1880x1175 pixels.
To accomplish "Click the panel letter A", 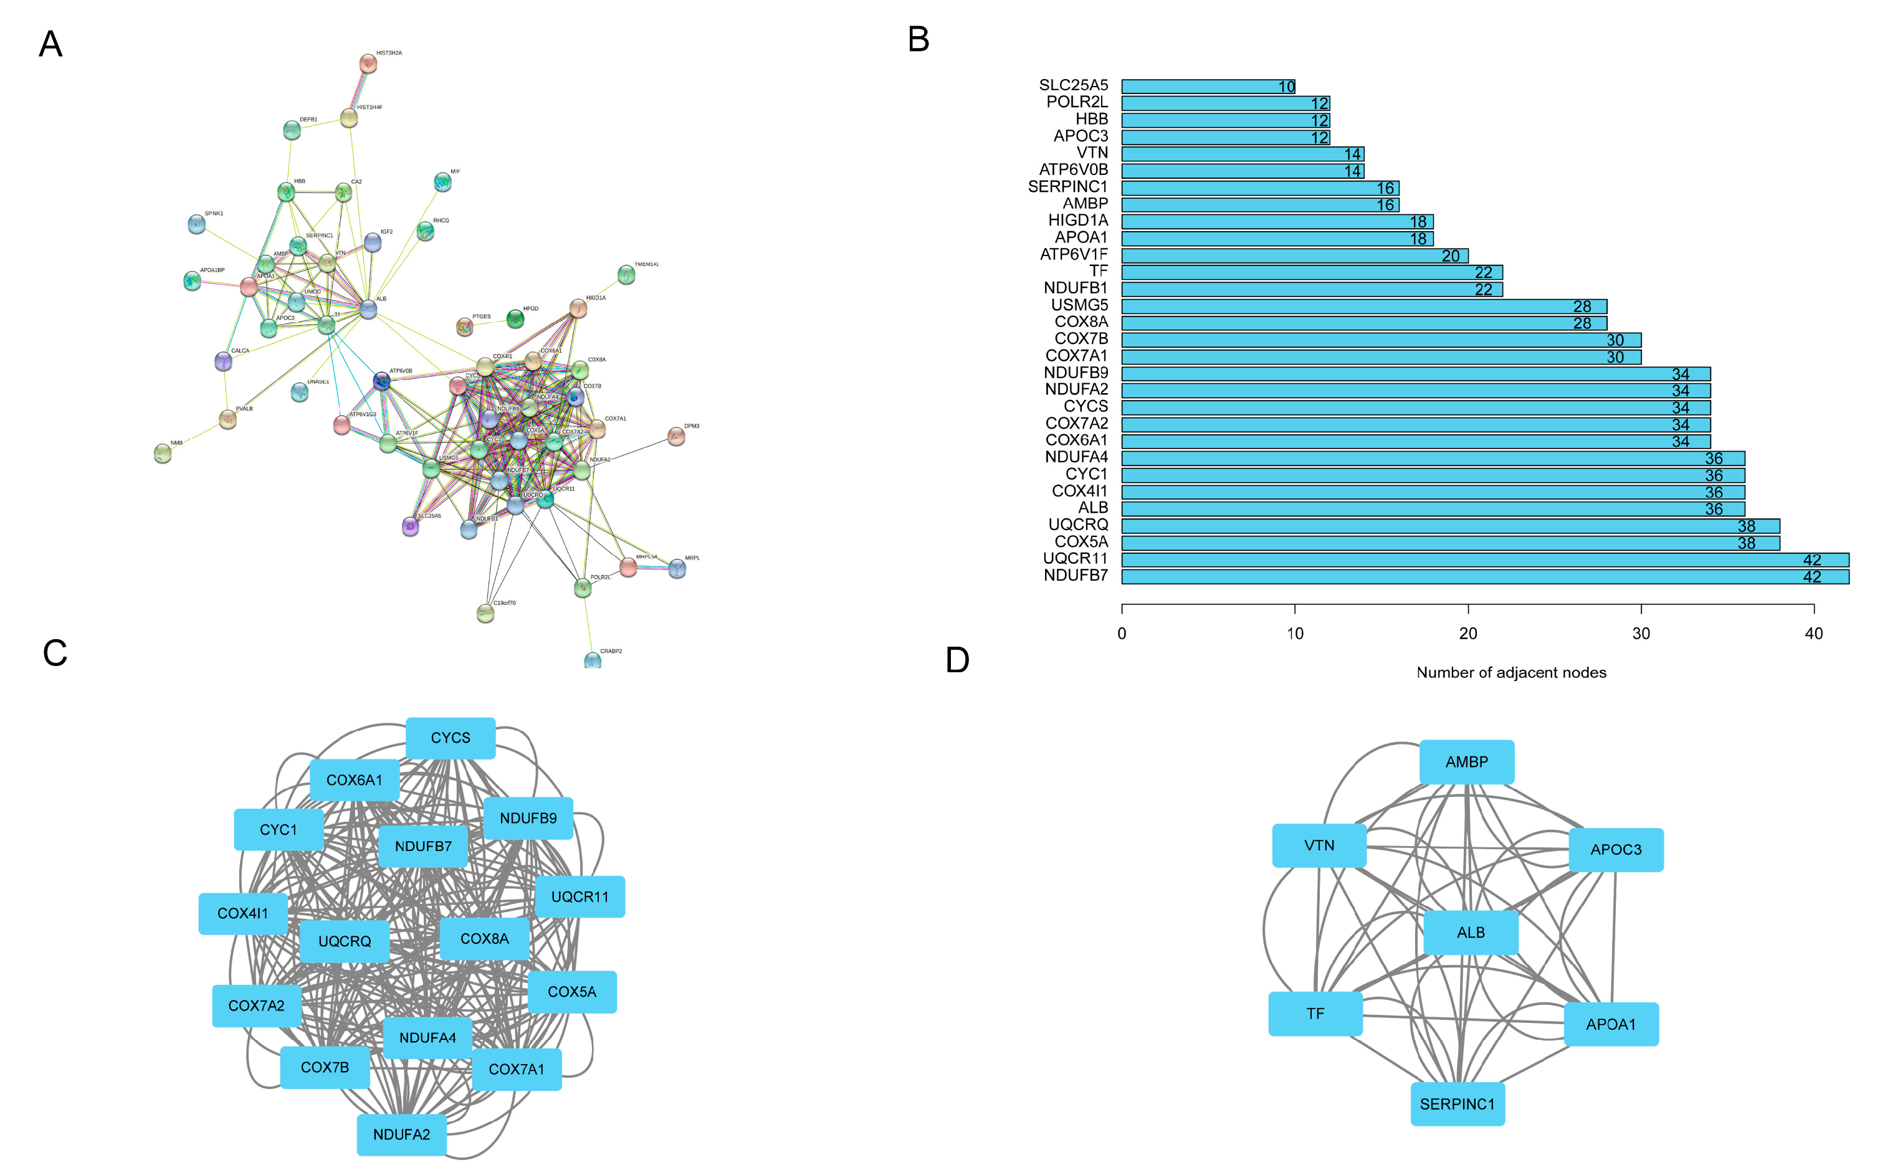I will (50, 44).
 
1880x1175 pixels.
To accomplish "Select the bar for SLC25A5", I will (1207, 86).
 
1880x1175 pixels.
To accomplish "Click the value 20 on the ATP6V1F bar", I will (1450, 255).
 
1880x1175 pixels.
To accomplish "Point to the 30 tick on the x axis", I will (1641, 634).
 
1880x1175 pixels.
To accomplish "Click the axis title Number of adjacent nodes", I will (1511, 673).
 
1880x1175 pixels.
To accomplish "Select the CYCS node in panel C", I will (450, 738).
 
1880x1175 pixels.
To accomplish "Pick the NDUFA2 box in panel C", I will (401, 1135).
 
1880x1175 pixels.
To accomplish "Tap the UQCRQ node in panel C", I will (345, 941).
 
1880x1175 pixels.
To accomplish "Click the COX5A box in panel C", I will (572, 992).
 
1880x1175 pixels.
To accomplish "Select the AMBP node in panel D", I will (1466, 761).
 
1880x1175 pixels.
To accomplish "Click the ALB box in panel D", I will (1471, 933).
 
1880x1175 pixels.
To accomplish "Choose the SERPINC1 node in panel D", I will (1458, 1103).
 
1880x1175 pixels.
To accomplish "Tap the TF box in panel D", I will (1315, 1014).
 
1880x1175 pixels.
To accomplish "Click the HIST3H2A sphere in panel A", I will (368, 64).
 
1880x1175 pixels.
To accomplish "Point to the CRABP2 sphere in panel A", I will (592, 660).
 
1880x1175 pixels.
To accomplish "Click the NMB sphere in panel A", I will (163, 452).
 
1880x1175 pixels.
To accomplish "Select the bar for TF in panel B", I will (1311, 272).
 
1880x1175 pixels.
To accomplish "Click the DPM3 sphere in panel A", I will (676, 437).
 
